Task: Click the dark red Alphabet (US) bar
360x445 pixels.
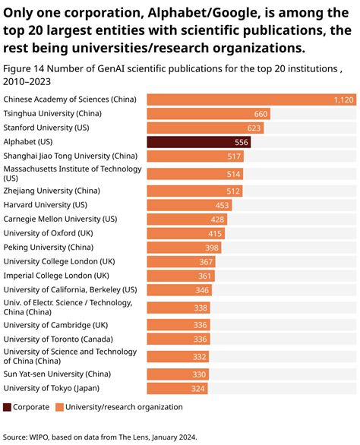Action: [x=198, y=142]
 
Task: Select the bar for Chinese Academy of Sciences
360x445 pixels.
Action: [x=251, y=99]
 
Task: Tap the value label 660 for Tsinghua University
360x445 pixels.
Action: [x=261, y=114]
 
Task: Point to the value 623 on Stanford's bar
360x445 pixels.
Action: [x=254, y=128]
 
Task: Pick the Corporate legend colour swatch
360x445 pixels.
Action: [x=8, y=407]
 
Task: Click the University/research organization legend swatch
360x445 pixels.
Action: [x=59, y=407]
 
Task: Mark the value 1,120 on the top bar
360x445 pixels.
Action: [x=344, y=99]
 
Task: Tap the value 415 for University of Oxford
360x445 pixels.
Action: [x=216, y=233]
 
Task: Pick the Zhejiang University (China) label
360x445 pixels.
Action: [x=52, y=191]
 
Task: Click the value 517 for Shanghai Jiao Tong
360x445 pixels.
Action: [x=234, y=156]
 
